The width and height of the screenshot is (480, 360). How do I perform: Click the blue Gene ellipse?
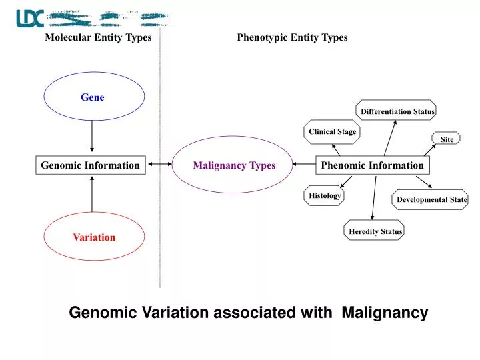(94, 98)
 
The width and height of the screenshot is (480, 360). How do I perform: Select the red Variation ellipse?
(94, 237)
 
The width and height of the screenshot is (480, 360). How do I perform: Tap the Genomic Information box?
(91, 165)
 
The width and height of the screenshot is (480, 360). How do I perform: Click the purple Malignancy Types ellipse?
(234, 165)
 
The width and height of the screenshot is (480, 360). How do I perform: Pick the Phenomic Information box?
(372, 165)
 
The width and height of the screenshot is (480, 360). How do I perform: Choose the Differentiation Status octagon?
(397, 111)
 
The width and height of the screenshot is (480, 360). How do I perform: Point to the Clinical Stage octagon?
(332, 131)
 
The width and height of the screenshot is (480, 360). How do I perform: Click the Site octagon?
(447, 139)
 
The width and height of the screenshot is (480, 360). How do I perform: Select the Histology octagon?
(325, 195)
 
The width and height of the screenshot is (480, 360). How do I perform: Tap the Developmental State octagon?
(431, 199)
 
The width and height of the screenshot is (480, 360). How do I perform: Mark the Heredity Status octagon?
(375, 231)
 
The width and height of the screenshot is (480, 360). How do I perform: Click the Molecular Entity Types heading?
(98, 37)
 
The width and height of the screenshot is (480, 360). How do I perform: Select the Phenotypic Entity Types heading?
(292, 37)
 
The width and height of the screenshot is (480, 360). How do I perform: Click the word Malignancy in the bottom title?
(385, 312)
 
